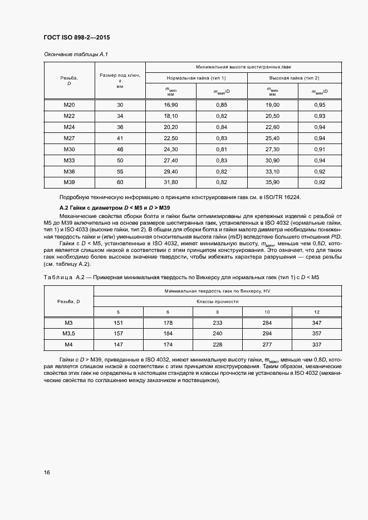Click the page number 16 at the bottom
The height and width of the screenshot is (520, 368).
coord(46,472)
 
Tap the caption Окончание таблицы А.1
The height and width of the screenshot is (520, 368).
coord(71,55)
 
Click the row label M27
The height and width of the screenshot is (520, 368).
coord(69,138)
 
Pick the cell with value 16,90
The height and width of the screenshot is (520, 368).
coord(170,105)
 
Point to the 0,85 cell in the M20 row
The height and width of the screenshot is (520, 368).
coord(221,105)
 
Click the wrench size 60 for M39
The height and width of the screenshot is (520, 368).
coord(120,182)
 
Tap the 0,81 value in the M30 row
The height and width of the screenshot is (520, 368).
coord(221,149)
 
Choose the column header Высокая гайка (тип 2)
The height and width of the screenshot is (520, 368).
coord(294,78)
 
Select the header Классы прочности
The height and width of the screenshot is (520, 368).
coord(217,301)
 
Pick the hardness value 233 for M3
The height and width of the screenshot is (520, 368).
coord(218,323)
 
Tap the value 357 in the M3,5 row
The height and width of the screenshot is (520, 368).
coord(317,334)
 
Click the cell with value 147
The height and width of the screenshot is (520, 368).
coord(117,345)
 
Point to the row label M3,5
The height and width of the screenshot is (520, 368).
coord(69,334)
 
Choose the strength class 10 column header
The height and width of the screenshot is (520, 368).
coord(267,312)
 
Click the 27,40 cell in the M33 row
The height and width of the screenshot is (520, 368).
coord(170,160)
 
